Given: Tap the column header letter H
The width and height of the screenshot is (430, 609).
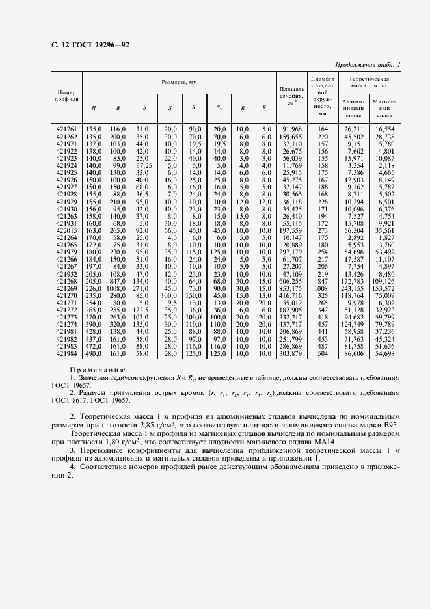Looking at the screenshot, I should [x=94, y=107].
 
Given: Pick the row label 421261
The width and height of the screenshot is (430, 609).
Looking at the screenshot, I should [x=67, y=130].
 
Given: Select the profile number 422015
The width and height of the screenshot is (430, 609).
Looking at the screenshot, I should [x=67, y=230].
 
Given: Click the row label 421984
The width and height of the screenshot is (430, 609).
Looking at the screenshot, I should [x=67, y=353].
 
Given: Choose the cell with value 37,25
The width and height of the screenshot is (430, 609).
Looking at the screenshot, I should [x=142, y=166].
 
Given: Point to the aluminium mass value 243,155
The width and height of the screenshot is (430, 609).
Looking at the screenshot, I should [x=353, y=289].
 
